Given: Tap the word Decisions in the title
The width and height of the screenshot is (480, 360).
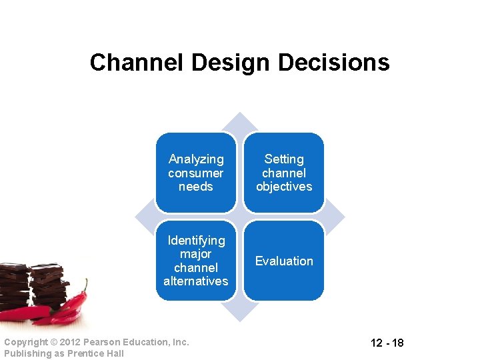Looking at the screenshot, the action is (x=334, y=63).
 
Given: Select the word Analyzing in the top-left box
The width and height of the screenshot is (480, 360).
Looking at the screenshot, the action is (x=196, y=159).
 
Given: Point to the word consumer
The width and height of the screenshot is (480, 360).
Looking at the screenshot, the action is (x=196, y=173).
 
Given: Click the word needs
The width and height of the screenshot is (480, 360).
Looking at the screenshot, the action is (x=196, y=187).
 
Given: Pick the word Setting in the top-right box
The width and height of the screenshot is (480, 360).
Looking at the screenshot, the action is (x=284, y=159).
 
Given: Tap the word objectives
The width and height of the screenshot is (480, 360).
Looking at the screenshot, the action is (x=284, y=187).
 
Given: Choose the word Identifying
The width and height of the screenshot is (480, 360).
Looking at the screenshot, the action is (x=196, y=240).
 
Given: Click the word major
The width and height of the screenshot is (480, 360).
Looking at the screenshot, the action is (x=196, y=254).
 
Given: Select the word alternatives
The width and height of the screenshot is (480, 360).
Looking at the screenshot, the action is (x=196, y=281).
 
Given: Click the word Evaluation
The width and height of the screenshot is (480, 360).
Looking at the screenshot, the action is (x=284, y=261).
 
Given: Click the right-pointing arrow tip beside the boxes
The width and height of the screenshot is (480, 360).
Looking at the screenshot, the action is (x=341, y=217).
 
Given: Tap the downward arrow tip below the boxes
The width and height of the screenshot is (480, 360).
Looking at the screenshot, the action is (x=240, y=317).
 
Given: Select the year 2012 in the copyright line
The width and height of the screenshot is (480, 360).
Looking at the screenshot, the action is (x=71, y=342).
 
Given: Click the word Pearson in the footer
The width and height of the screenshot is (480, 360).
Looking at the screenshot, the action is (x=104, y=342).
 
